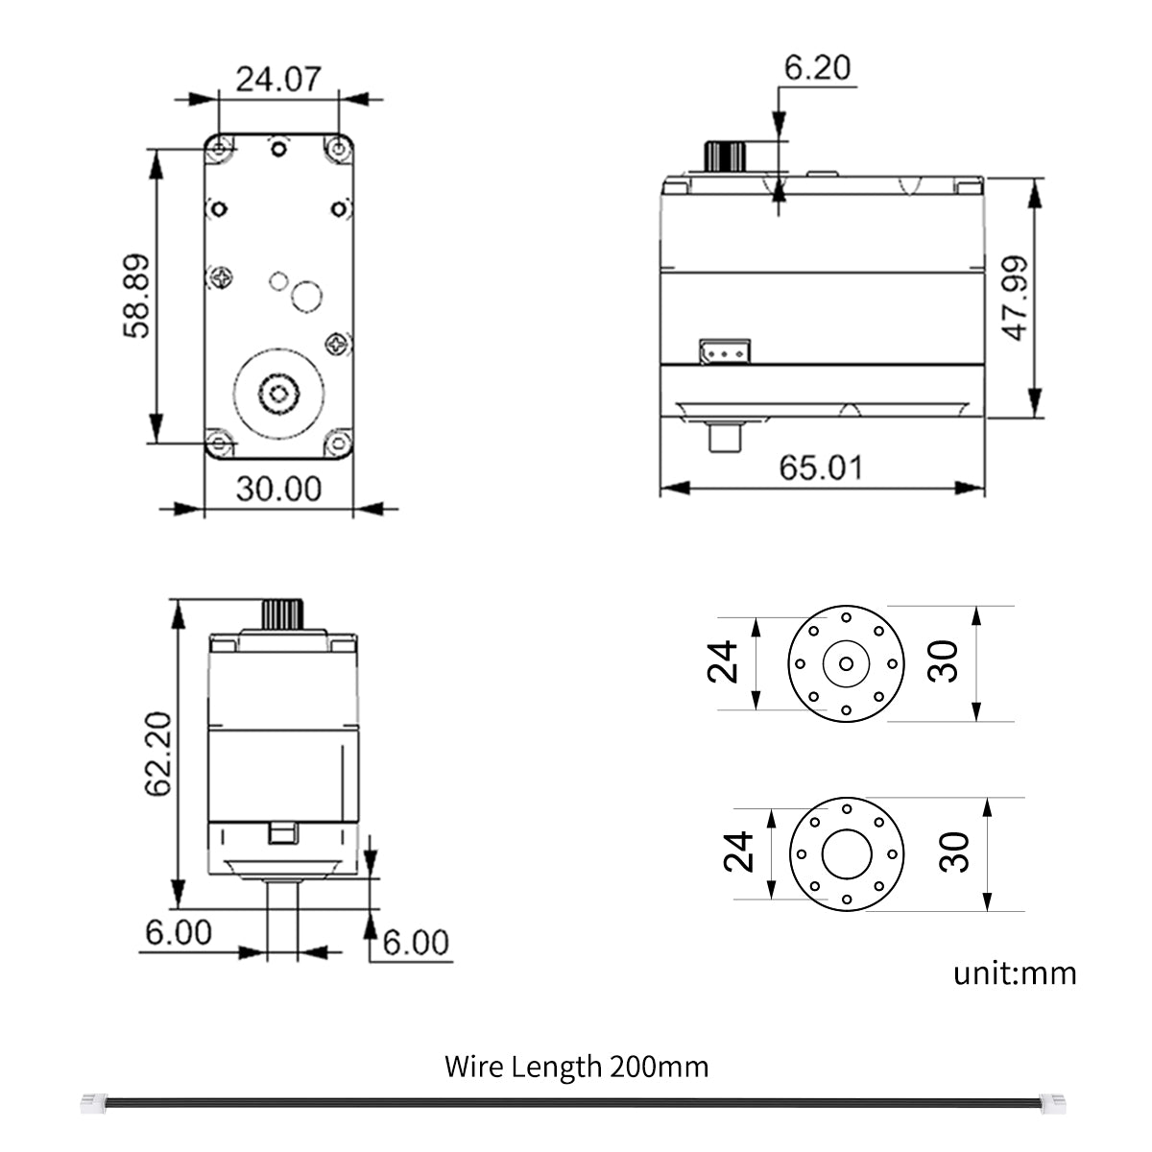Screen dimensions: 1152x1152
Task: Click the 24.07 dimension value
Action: coord(277,79)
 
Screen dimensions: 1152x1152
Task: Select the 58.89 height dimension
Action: coord(136,296)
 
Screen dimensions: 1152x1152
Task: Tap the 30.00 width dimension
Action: coord(278,490)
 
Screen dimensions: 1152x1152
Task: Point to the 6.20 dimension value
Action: coord(817,68)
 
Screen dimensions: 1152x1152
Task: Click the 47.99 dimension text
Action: coord(1016,298)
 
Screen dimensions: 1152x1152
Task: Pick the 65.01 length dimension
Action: coord(821,468)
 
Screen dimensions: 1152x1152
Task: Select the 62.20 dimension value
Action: coord(158,754)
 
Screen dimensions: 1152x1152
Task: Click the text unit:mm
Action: coord(1015,973)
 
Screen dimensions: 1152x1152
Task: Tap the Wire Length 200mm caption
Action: coord(576,1067)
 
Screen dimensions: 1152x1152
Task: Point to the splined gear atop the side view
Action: coord(726,156)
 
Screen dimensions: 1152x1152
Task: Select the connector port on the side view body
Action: coord(724,351)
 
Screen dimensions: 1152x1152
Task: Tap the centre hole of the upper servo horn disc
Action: coord(846,663)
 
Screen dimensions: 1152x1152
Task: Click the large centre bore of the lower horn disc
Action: coord(846,852)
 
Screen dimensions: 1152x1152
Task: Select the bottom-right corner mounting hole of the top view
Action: coord(338,443)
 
